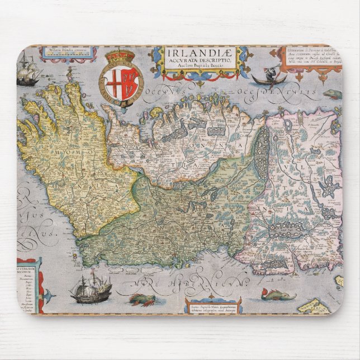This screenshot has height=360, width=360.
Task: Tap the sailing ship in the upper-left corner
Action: coord(27,70)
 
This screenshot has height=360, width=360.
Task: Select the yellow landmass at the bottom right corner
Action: coord(316,305)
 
